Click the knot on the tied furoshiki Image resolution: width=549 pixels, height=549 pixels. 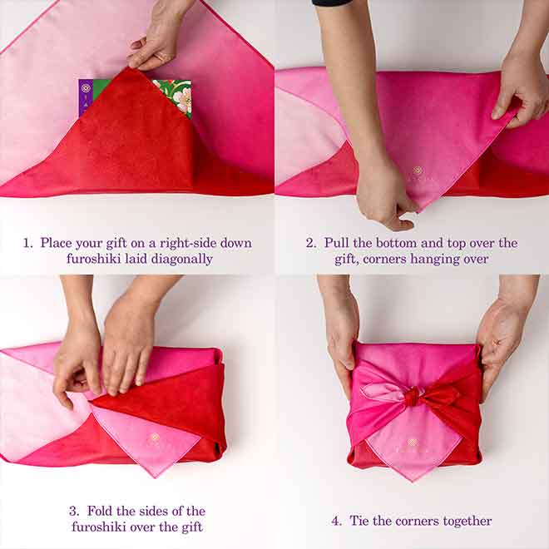tap(413, 396)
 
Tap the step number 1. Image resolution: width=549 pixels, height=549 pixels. tap(27, 243)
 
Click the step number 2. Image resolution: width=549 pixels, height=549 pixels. tap(310, 243)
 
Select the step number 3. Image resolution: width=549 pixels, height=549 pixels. tap(73, 511)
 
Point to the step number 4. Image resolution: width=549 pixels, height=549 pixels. tap(336, 521)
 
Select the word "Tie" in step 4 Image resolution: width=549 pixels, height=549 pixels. tap(359, 521)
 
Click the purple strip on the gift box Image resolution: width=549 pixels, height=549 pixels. tap(86, 97)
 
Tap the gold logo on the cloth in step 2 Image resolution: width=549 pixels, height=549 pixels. tap(417, 171)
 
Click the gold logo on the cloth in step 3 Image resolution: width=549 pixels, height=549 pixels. tap(155, 437)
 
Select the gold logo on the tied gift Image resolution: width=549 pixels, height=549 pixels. tap(413, 443)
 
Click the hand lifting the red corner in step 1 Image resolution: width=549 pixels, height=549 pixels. tap(157, 38)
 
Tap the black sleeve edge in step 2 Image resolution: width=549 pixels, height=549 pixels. tap(332, 2)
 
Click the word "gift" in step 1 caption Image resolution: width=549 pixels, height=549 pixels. tap(116, 244)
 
